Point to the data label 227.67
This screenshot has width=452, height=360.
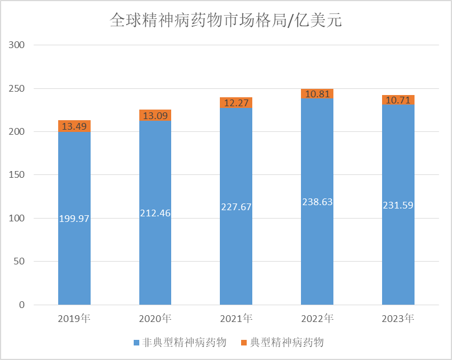[x=236, y=207]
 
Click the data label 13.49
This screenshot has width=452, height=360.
[x=74, y=127]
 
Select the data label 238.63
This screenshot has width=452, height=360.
[x=317, y=202]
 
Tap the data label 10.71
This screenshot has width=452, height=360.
[x=398, y=101]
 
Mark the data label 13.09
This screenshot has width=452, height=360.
[x=155, y=116]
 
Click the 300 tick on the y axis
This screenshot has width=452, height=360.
[x=17, y=45]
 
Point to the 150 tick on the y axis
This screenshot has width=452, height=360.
[x=17, y=175]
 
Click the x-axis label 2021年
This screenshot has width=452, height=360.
[x=236, y=319]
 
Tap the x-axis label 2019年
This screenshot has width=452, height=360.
[x=74, y=319]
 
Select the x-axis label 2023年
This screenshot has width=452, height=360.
[x=398, y=319]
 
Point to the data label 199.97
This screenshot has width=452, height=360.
[x=74, y=218]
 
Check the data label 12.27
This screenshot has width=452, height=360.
[x=236, y=103]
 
